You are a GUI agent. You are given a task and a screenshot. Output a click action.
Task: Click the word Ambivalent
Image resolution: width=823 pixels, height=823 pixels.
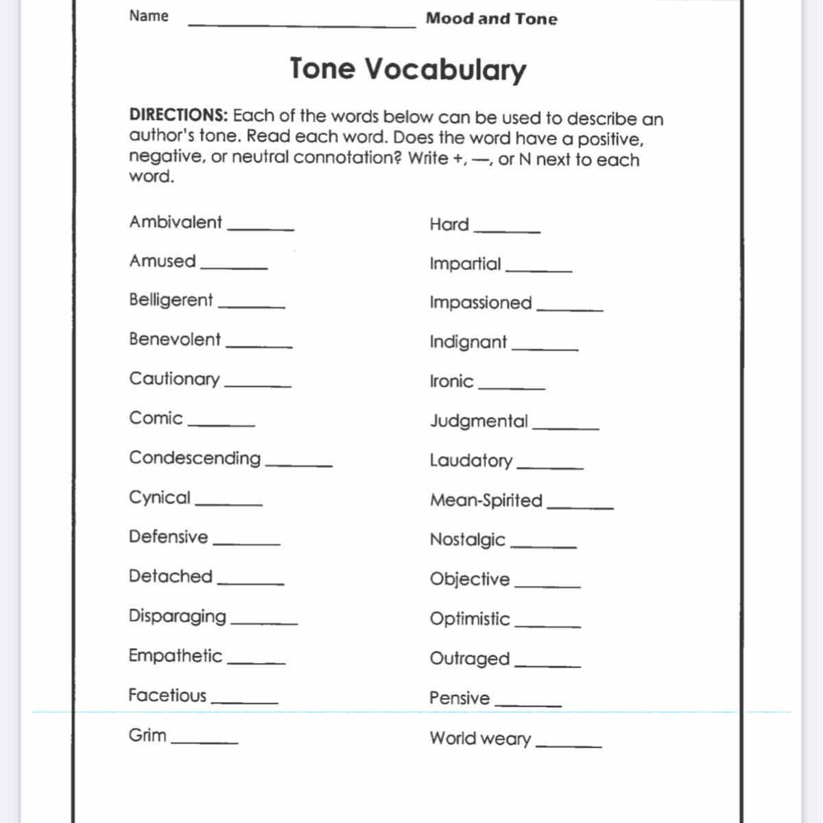[176, 222]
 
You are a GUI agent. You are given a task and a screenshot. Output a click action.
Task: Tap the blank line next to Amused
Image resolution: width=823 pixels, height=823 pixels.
[234, 266]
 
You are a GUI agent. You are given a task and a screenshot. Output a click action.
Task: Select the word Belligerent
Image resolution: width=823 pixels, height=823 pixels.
[171, 300]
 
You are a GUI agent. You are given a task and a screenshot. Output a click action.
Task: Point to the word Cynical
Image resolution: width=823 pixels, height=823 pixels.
[159, 498]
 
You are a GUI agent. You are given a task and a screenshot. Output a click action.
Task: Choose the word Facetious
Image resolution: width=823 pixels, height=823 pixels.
[167, 695]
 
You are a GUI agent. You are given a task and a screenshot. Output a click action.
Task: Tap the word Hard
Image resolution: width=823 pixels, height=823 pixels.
[449, 224]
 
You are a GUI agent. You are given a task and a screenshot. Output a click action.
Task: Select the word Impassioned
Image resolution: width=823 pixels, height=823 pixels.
[481, 302]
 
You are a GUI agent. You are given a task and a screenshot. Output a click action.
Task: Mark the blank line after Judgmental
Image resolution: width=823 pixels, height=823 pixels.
[566, 427]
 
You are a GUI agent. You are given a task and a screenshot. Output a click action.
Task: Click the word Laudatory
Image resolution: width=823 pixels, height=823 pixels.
[471, 460]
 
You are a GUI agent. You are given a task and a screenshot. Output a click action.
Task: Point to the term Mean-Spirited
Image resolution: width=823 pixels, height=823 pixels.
[486, 500]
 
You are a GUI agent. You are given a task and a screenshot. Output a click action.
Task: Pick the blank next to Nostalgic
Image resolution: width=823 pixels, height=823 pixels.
[544, 546]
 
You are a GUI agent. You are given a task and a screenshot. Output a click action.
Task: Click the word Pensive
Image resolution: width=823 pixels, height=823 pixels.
[460, 698]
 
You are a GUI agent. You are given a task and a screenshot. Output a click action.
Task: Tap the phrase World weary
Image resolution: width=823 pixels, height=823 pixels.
[480, 739]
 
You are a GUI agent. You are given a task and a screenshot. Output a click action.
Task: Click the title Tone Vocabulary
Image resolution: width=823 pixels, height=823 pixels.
[408, 69]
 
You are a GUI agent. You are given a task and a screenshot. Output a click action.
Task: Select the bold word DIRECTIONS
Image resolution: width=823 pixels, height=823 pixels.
[178, 115]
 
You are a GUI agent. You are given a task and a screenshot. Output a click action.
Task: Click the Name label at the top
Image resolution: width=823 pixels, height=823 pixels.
[149, 16]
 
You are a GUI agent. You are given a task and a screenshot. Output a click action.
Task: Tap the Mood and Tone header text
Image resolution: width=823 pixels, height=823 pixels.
[491, 19]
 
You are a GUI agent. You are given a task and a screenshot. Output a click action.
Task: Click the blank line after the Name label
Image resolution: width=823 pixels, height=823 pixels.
[302, 25]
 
